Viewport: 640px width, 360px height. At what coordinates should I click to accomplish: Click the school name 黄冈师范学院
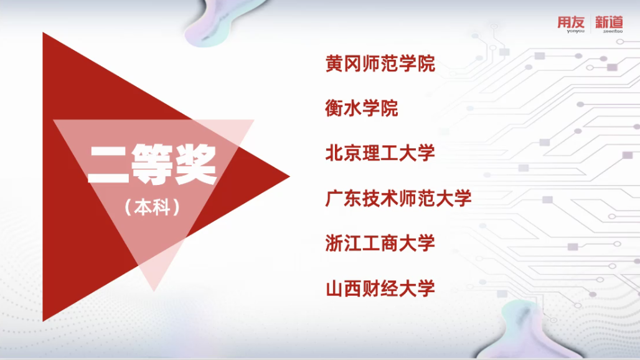380,64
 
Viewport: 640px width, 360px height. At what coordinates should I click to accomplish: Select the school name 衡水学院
362,108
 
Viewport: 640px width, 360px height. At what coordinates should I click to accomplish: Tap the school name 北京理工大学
380,153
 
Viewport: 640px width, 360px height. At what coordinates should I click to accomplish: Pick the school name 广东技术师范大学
398,198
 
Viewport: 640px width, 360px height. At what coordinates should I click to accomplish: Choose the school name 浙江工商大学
380,244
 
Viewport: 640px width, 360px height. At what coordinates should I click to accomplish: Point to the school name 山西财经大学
380,288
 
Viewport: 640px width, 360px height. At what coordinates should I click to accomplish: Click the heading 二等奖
152,164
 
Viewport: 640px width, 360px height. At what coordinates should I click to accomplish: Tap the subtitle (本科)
153,207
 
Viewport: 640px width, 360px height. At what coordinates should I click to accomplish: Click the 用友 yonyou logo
571,24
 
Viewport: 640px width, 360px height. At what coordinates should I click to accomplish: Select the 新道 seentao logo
609,24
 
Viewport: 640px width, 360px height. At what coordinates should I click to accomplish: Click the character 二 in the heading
108,164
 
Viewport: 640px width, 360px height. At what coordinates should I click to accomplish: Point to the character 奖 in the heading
195,164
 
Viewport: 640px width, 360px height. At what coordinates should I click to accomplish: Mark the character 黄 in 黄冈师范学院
334,64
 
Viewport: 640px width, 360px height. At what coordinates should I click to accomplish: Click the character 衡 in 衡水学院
334,108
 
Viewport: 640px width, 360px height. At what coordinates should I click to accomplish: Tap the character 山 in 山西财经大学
334,288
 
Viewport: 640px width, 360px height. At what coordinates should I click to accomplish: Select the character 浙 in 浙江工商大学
334,244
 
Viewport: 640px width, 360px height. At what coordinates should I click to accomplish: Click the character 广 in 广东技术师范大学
334,198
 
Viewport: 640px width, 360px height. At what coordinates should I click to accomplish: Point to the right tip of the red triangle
289,176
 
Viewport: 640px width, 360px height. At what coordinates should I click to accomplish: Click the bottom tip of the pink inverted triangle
154,291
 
